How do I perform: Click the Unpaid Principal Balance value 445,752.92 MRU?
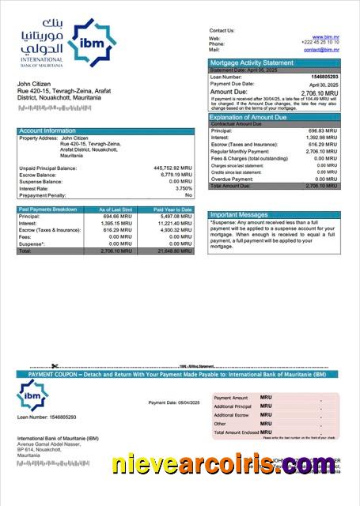pyautogui.click(x=172, y=168)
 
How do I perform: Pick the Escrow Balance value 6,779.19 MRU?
pyautogui.click(x=176, y=175)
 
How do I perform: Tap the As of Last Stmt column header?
pyautogui.click(x=117, y=209)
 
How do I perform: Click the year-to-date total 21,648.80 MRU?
pyautogui.click(x=174, y=251)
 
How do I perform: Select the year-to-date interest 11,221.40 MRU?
pyautogui.click(x=174, y=223)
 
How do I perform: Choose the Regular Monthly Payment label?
pyautogui.click(x=241, y=151)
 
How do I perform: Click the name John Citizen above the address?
pyautogui.click(x=35, y=83)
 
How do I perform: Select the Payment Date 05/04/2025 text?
pyautogui.click(x=174, y=402)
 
